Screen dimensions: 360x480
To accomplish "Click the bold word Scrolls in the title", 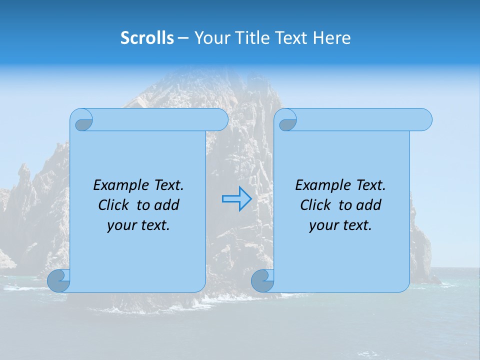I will pyautogui.click(x=147, y=38).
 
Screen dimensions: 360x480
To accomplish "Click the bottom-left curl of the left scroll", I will pyautogui.click(x=59, y=281).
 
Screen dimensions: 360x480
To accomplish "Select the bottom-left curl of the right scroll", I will pyautogui.click(x=262, y=281).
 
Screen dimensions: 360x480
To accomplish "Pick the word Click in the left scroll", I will pyautogui.click(x=114, y=205).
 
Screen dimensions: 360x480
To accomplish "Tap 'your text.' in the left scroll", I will pyautogui.click(x=138, y=225).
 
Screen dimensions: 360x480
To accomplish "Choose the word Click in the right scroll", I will pyautogui.click(x=316, y=205).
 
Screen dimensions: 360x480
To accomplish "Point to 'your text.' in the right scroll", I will pyautogui.click(x=340, y=225).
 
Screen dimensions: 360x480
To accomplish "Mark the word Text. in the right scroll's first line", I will pyautogui.click(x=370, y=185).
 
